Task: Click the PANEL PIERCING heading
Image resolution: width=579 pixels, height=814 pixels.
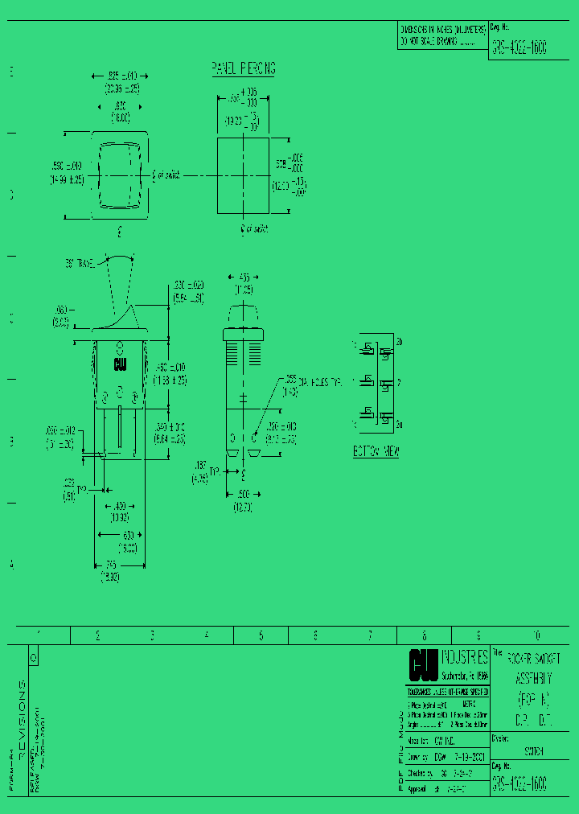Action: (x=243, y=68)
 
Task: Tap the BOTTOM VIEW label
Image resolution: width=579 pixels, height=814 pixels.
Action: (x=376, y=451)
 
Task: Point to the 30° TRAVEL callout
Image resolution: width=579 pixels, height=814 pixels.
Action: (x=80, y=263)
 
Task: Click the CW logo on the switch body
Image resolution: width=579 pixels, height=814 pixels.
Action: (x=120, y=364)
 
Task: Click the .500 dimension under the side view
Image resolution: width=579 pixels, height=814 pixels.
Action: (x=242, y=495)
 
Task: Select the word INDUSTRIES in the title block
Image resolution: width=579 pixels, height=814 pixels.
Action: (x=465, y=657)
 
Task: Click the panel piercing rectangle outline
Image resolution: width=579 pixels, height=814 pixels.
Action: (x=243, y=175)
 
